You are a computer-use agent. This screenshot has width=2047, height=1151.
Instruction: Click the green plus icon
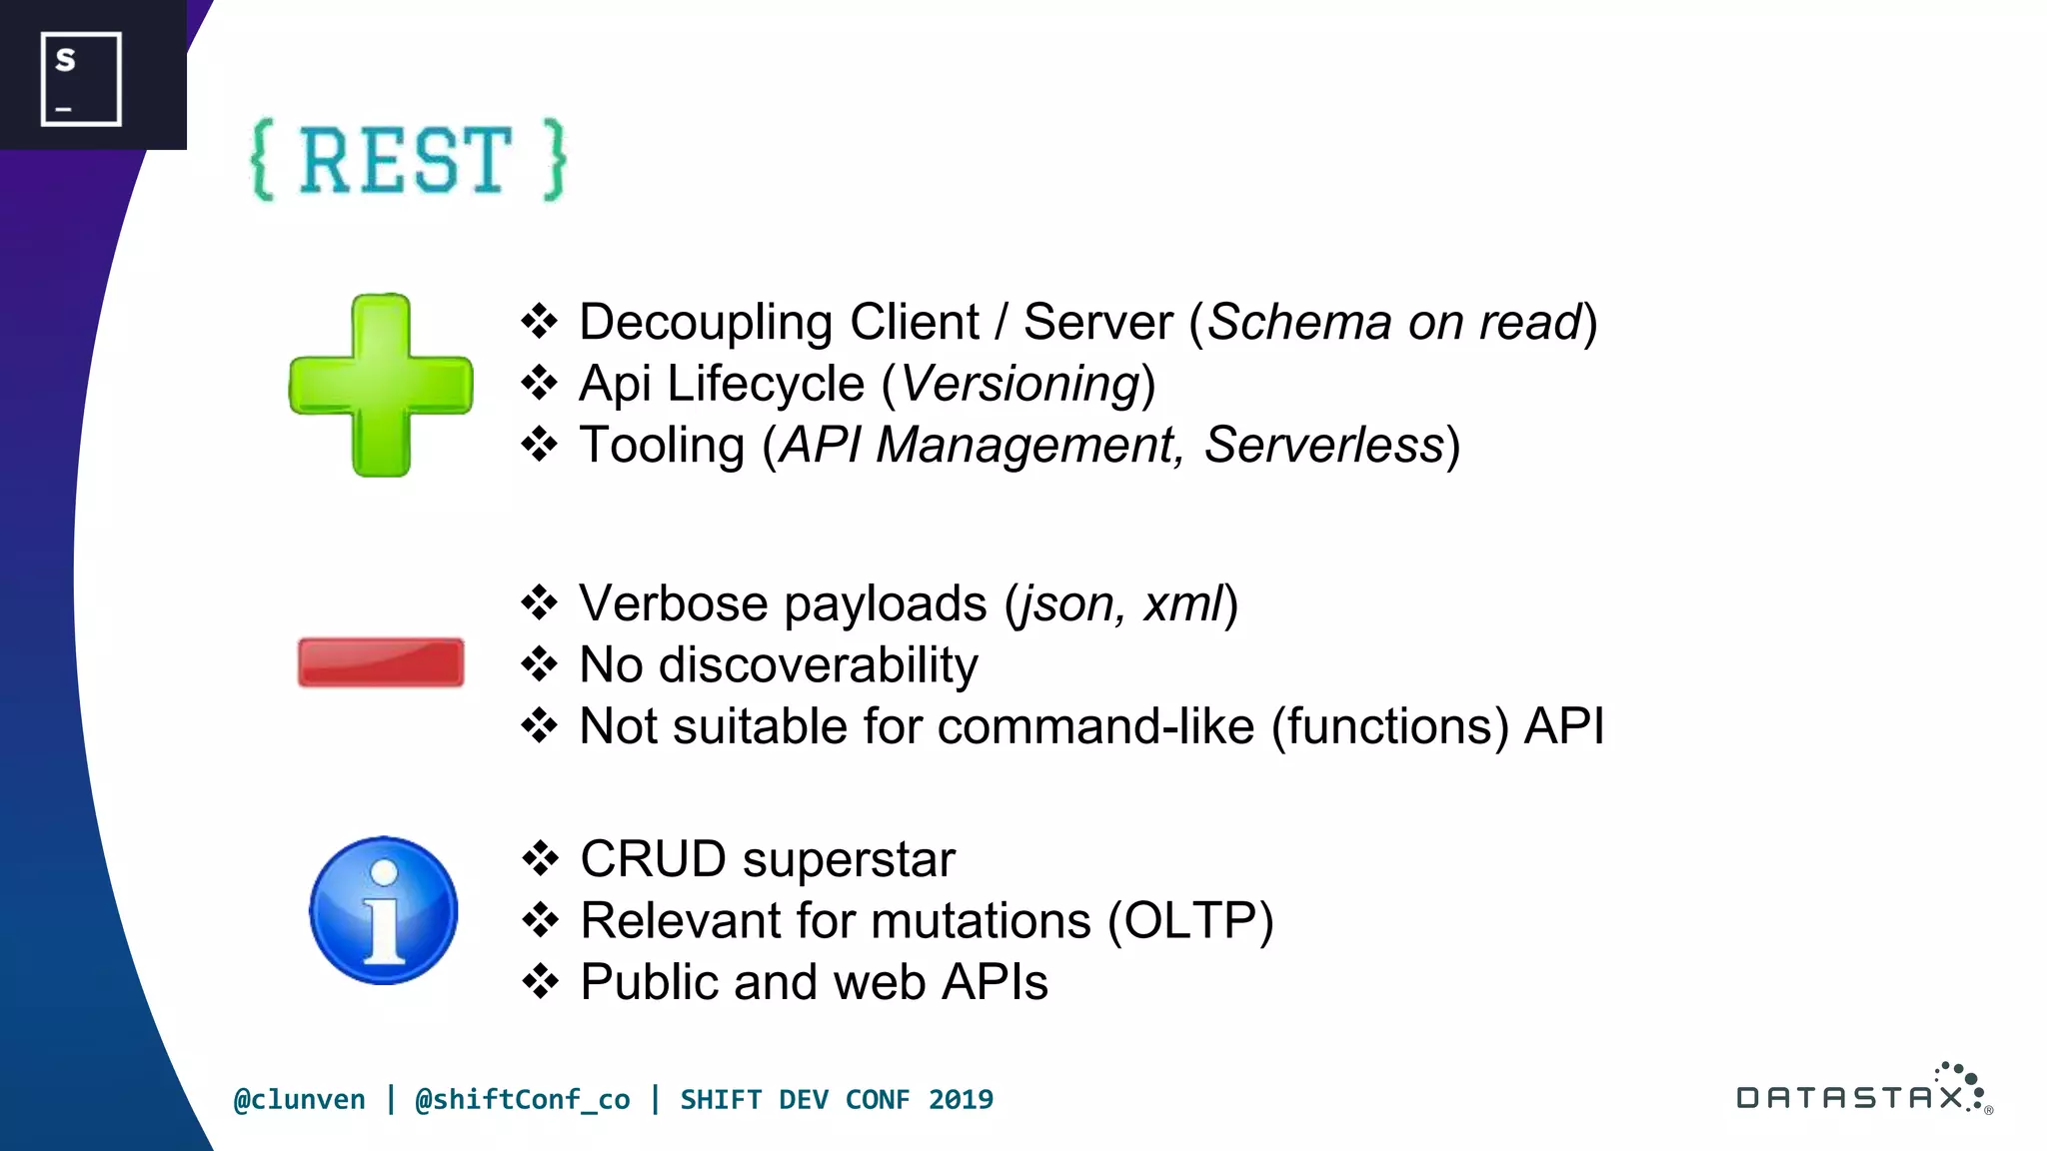click(381, 385)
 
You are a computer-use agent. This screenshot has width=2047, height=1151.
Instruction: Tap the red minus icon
click(381, 662)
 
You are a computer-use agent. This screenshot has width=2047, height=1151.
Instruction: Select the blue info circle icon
click(383, 910)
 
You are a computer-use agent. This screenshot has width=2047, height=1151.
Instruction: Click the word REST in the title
click(406, 161)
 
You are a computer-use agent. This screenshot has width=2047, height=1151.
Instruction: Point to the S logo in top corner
click(81, 78)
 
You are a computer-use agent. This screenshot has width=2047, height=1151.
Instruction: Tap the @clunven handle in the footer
click(299, 1099)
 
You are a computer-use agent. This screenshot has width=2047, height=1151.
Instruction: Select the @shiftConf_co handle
click(522, 1099)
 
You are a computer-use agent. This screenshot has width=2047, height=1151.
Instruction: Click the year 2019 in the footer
click(961, 1099)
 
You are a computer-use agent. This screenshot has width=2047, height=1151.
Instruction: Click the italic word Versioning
click(1021, 384)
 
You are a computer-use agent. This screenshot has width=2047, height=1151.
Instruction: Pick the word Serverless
click(1323, 445)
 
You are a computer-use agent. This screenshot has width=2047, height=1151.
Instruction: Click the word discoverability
click(819, 665)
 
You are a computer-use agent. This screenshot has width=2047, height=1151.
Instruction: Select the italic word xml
click(1182, 603)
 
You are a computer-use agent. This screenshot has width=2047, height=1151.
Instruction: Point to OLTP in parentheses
click(1190, 920)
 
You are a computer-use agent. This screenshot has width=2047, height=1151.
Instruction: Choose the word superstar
click(849, 859)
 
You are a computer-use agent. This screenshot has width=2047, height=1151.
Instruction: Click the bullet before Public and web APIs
click(541, 981)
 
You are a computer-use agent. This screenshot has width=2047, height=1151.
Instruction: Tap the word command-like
click(1095, 726)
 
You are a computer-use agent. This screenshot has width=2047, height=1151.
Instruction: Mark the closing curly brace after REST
click(555, 161)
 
